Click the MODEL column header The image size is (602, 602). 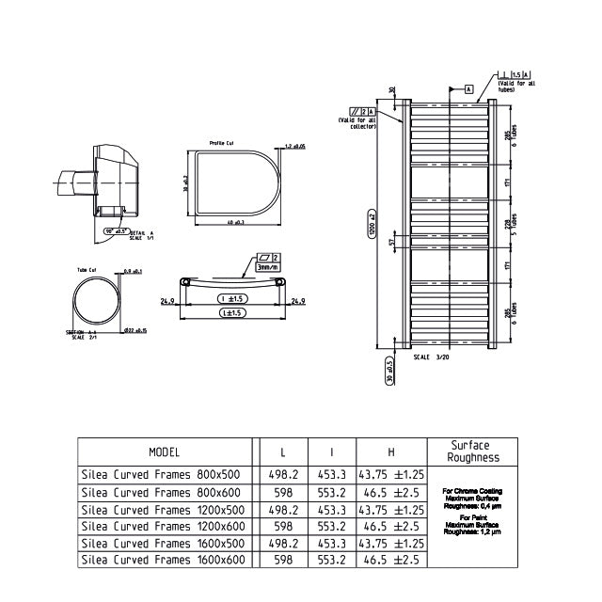165,452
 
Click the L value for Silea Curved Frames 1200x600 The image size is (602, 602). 283,526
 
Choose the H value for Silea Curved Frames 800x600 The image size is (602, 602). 389,492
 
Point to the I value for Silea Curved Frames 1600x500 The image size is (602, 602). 331,543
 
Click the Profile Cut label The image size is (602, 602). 222,143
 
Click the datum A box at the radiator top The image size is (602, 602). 467,89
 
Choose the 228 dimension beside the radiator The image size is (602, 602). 507,226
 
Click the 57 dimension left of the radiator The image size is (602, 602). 393,243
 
